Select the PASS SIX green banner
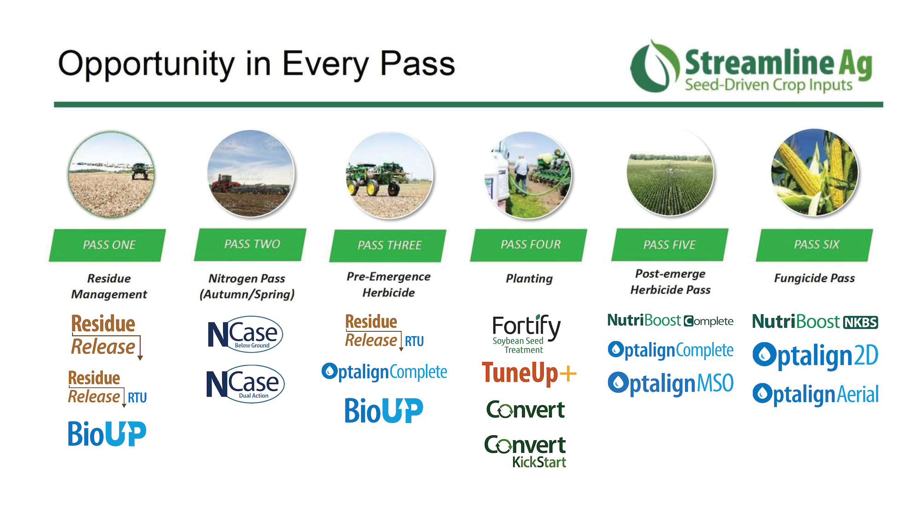coord(815,245)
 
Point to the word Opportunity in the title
coord(146,64)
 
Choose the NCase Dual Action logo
coord(245,384)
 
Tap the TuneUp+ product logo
coord(529,373)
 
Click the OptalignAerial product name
coord(815,395)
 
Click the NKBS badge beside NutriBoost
coord(860,322)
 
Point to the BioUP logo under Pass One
coord(107,434)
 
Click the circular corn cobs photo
coord(815,173)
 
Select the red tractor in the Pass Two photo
coord(224,183)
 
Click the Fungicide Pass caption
coord(814,278)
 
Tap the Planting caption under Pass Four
coord(529,279)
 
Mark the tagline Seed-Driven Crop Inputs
coord(768,85)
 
